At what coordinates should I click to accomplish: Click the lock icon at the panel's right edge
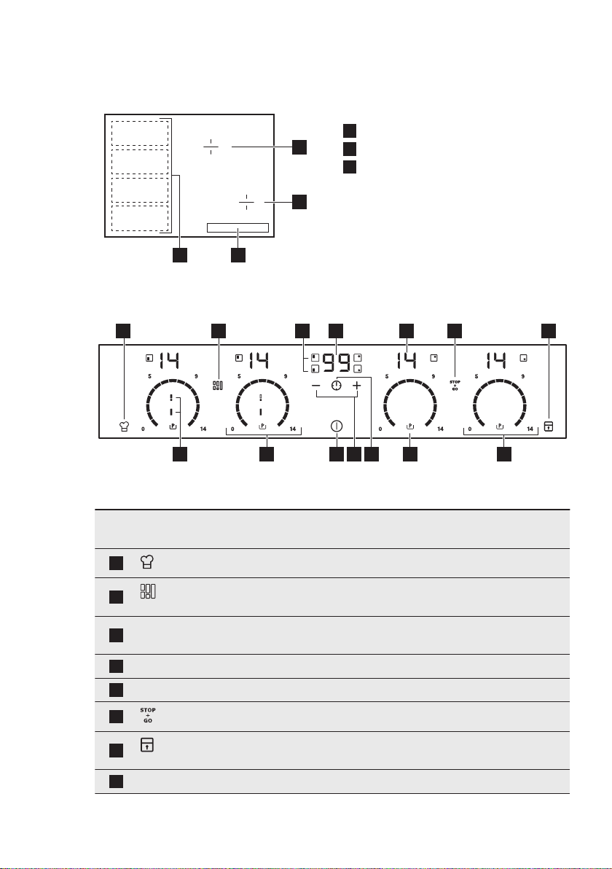[x=547, y=427]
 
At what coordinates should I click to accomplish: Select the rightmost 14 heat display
[x=497, y=360]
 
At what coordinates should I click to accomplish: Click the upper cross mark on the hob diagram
[x=211, y=147]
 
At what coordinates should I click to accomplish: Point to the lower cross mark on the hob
[x=247, y=202]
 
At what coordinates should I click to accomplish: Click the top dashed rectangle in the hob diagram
[x=140, y=132]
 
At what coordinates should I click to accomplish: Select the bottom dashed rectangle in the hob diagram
[x=140, y=218]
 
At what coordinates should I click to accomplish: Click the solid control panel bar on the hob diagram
[x=238, y=228]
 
